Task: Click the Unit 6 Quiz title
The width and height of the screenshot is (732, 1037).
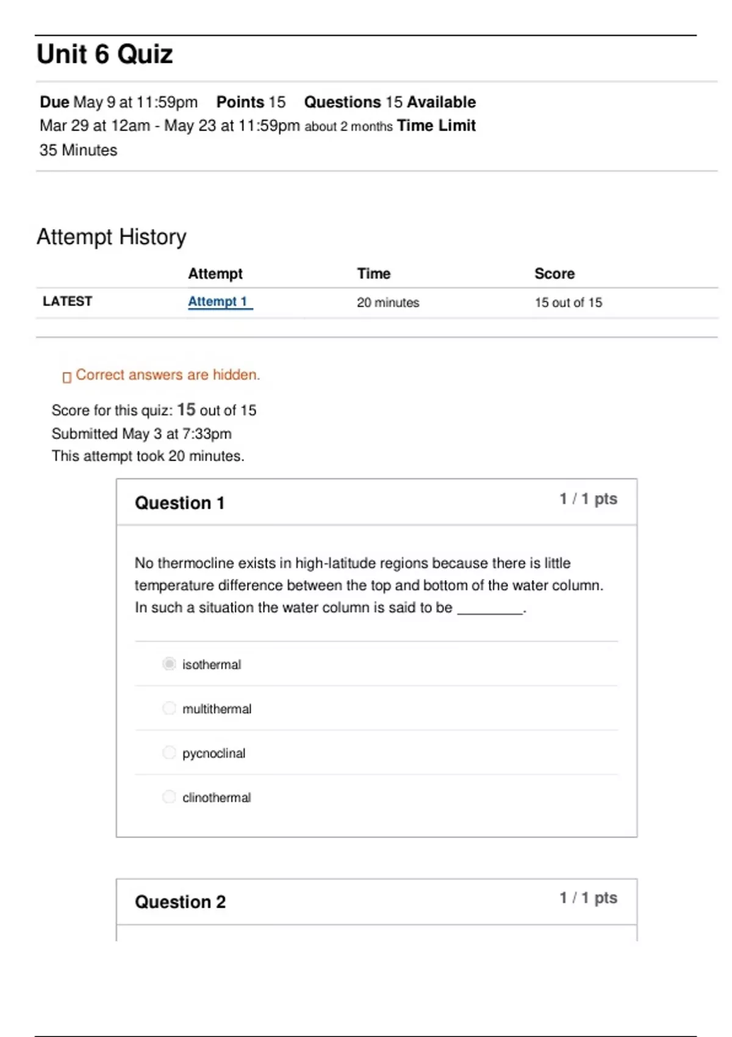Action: click(x=105, y=54)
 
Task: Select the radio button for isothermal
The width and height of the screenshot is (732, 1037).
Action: click(x=169, y=664)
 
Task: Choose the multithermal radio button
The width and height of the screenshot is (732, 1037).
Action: click(x=169, y=708)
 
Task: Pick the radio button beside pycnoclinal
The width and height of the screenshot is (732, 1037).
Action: click(x=169, y=753)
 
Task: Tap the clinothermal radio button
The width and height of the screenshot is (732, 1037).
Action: click(x=169, y=797)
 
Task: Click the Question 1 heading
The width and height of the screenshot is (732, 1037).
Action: click(x=180, y=503)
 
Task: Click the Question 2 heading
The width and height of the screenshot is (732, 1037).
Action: click(x=181, y=902)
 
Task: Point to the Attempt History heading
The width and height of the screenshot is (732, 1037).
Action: click(x=112, y=237)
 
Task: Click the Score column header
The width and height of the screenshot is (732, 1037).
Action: click(x=554, y=273)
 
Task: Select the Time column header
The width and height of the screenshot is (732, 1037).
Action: click(x=374, y=273)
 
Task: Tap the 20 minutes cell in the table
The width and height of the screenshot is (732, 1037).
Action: click(x=388, y=303)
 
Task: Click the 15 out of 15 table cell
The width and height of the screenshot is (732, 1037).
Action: click(x=569, y=303)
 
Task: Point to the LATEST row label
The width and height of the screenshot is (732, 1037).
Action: click(x=67, y=301)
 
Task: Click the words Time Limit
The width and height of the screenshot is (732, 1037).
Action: click(x=436, y=126)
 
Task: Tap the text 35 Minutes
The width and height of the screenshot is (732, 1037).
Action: click(x=78, y=150)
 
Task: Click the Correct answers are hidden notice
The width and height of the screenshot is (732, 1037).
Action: click(x=168, y=375)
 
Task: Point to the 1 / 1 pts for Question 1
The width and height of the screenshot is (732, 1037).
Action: click(x=589, y=499)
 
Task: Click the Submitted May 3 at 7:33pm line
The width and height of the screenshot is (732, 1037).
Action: click(x=142, y=434)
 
